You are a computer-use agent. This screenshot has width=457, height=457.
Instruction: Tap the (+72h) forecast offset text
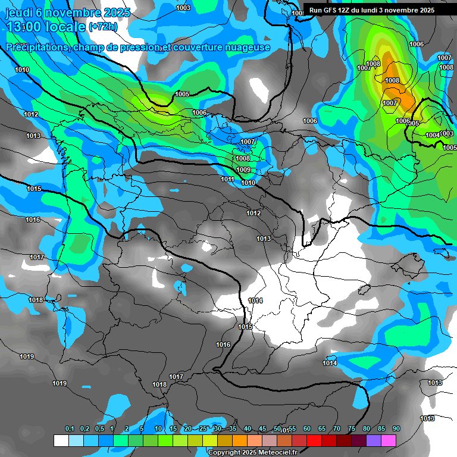[102, 27]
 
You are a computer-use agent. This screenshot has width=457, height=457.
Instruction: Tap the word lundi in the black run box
[383, 10]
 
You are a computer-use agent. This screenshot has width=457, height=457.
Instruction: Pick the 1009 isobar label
[243, 170]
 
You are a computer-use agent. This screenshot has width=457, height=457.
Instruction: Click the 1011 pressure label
[227, 179]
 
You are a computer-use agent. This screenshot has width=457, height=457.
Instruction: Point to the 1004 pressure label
[433, 136]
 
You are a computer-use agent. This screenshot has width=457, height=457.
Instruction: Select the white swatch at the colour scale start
[61, 440]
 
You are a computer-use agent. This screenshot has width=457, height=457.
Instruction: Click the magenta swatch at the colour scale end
[389, 440]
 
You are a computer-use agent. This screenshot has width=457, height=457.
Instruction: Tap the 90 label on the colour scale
[396, 428]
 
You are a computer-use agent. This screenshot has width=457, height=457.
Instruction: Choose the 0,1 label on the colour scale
[70, 428]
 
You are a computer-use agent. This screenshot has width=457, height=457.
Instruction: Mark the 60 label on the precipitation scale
[307, 428]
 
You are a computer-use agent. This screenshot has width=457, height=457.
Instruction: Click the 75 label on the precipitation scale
[352, 428]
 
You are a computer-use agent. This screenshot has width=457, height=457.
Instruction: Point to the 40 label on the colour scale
[248, 428]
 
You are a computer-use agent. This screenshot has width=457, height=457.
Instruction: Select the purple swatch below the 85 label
[374, 440]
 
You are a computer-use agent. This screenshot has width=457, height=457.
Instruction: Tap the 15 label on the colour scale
[173, 428]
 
